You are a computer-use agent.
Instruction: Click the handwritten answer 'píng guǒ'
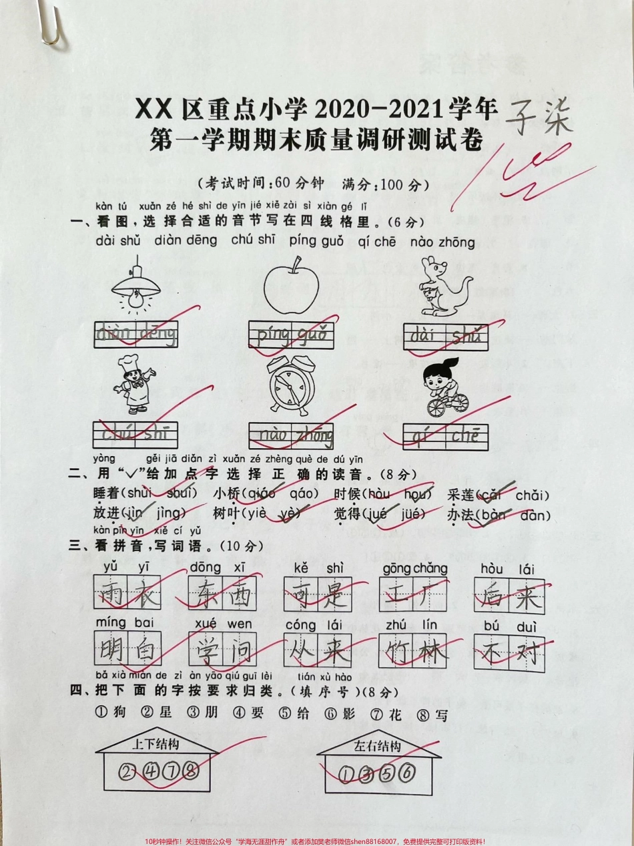[292, 334]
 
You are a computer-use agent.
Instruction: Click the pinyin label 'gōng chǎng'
[414, 568]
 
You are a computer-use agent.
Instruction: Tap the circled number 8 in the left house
[190, 772]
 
